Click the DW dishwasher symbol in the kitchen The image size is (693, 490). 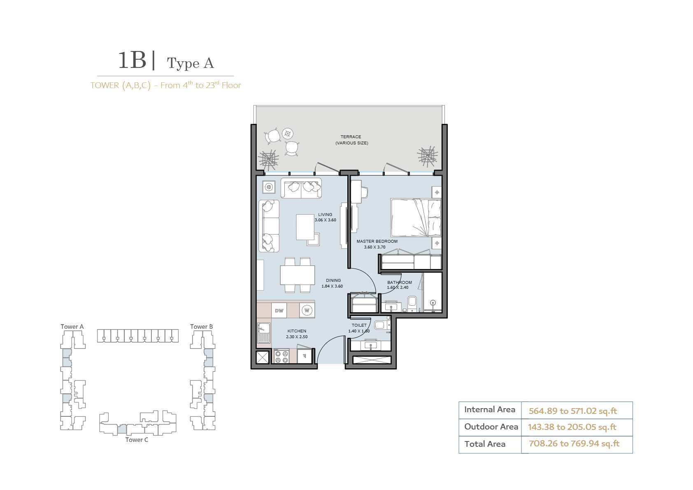tap(279, 311)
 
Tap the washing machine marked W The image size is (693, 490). tap(307, 310)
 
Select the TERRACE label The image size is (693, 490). tap(351, 137)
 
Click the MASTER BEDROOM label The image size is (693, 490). tap(377, 241)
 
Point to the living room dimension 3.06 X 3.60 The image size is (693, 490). tap(325, 220)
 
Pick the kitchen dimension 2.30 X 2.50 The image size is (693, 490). tap(297, 337)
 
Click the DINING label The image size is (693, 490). tap(333, 280)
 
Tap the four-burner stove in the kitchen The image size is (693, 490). tap(281, 356)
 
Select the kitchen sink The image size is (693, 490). tap(264, 332)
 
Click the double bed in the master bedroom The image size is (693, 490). tap(416, 218)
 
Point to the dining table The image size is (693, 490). tap(298, 275)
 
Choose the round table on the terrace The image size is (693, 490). tap(288, 134)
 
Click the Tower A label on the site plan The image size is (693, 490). tap(72, 327)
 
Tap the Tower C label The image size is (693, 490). tap(137, 439)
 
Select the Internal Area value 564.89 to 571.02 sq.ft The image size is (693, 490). tap(573, 411)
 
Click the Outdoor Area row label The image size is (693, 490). tap(491, 427)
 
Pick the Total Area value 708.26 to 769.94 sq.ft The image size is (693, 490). tap(574, 444)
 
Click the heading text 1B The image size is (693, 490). tap(132, 60)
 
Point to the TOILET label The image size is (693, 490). tap(359, 325)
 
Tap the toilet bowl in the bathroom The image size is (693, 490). tap(412, 302)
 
